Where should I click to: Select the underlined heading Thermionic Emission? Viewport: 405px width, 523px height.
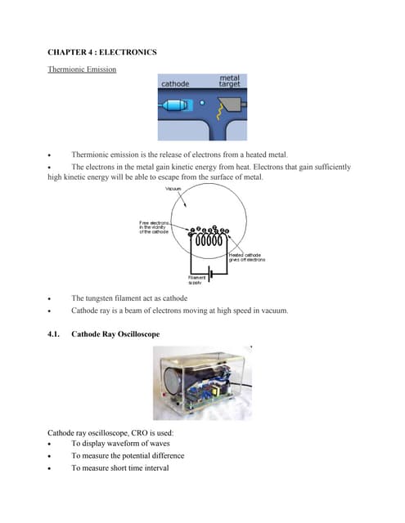(82, 70)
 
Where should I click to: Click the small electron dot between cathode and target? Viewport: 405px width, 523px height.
(202, 104)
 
